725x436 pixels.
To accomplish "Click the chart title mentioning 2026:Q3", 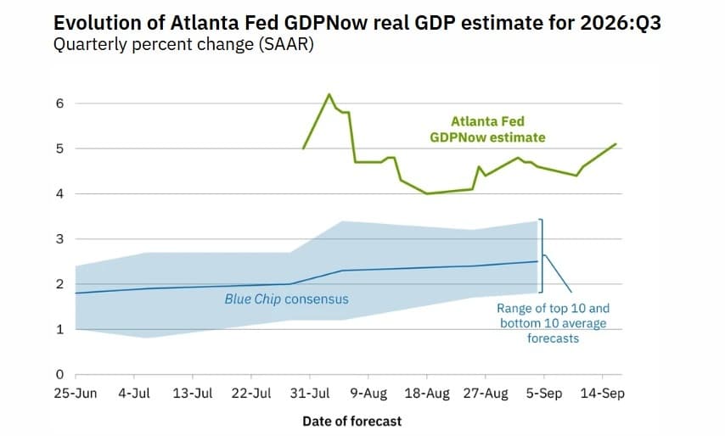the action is pos(357,23).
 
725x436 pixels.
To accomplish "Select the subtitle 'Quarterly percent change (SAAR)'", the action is pos(183,45).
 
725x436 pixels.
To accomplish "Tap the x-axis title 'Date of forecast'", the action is pos(351,422).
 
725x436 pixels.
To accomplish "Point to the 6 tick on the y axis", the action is pos(59,103).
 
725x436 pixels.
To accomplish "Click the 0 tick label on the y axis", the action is pos(59,375).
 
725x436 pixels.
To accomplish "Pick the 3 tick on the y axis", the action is pos(59,239).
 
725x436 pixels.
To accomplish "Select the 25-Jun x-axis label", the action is pos(76,394).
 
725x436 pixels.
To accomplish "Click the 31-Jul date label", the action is pos(310,394).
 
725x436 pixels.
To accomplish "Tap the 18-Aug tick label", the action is pos(427,394).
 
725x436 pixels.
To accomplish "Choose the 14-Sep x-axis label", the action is pos(603,394).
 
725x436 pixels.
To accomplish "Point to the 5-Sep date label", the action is pos(544,394).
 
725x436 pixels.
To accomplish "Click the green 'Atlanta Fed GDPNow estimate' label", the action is pos(487,129).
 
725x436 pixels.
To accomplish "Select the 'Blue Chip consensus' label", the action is pos(287,299).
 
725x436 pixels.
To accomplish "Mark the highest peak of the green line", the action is pos(329,94).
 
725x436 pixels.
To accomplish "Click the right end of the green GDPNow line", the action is pos(615,144).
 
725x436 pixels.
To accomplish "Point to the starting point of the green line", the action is pos(303,148).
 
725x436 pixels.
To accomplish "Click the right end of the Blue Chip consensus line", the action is pos(537,261).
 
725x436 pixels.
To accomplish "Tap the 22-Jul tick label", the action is pos(251,394).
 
